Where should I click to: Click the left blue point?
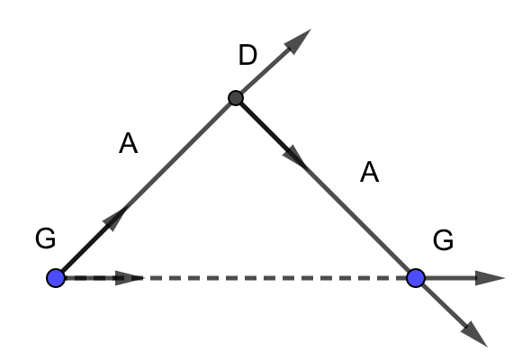point(56,278)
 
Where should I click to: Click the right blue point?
point(416,278)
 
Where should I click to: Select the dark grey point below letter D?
point(236,98)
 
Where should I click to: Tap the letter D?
point(247,55)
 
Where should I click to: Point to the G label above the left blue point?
point(45,238)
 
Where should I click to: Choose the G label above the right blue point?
point(443,240)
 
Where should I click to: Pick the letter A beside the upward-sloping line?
point(129,144)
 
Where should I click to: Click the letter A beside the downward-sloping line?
point(369,172)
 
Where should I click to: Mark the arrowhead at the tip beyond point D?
point(298,41)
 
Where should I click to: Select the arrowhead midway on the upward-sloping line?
point(114,220)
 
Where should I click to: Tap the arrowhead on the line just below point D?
point(294,157)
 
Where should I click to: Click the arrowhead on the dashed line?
point(130,278)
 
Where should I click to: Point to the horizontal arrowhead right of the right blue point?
point(490,278)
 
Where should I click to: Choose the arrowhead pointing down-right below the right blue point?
point(474,334)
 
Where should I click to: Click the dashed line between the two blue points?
point(236,278)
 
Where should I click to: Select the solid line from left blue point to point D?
point(146,188)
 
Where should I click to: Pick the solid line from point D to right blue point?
point(326,188)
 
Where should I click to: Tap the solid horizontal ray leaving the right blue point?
point(461,278)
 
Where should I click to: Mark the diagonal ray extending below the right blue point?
point(452,313)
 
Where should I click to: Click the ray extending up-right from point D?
point(274,64)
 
